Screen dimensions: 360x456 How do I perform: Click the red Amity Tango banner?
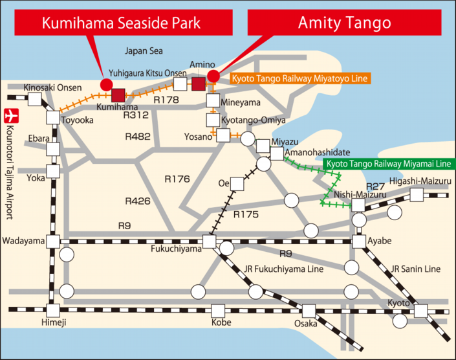(344, 23)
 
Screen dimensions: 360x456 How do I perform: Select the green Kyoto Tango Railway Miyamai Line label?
(388, 164)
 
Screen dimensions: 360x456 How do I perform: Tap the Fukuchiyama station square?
(209, 242)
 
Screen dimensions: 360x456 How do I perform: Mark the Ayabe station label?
(380, 241)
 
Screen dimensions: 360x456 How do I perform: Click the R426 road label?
(139, 201)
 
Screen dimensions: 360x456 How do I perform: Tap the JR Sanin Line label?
(415, 268)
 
